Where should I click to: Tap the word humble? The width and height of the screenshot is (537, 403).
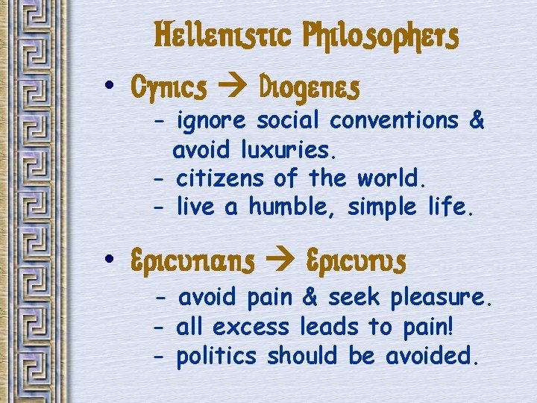tap(291, 207)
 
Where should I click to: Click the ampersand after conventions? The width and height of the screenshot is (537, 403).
tap(477, 119)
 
